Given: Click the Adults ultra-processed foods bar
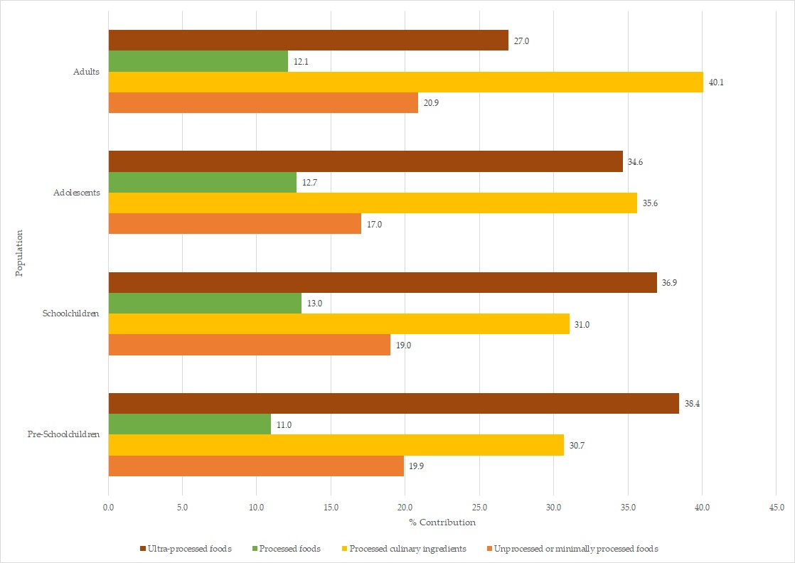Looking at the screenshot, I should tap(308, 40).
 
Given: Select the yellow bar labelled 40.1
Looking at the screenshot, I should tap(405, 82).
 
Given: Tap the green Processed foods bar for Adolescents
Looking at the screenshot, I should tap(202, 182).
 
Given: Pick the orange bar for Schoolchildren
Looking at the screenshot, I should tap(249, 345).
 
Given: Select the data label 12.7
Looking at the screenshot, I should tap(309, 183).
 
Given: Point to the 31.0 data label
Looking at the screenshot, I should tap(582, 324).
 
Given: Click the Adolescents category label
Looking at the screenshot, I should tap(76, 193).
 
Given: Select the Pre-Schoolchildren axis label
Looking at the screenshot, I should tap(70, 434).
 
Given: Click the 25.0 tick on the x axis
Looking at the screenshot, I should tap(479, 508).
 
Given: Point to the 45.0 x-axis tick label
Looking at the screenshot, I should tap(777, 508).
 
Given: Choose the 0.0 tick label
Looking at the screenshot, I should tap(108, 508).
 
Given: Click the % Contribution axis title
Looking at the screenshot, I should tap(442, 522).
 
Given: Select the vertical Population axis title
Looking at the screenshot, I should tap(20, 252).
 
